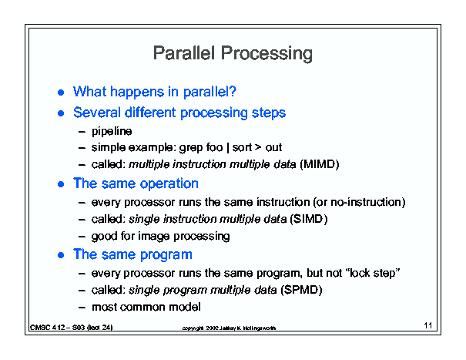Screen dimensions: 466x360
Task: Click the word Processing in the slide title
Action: (267, 54)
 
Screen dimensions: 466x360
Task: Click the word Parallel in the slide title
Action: (183, 53)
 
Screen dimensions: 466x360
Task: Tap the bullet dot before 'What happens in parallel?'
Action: (61, 93)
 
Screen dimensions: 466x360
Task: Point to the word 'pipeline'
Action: (112, 132)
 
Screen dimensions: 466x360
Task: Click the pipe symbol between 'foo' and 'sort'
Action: (228, 147)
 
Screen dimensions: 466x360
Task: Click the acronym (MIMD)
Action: (320, 164)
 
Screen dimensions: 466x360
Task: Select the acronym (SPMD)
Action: (302, 290)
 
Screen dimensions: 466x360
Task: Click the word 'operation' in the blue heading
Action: (169, 184)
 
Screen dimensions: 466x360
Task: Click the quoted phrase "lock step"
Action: (374, 273)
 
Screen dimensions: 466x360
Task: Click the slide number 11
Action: (428, 325)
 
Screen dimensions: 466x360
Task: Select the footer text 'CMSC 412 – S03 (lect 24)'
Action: (72, 328)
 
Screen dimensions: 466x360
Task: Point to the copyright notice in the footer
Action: (229, 328)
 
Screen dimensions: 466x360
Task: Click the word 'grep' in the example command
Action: (189, 148)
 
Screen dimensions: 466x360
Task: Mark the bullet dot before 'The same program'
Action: (61, 255)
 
